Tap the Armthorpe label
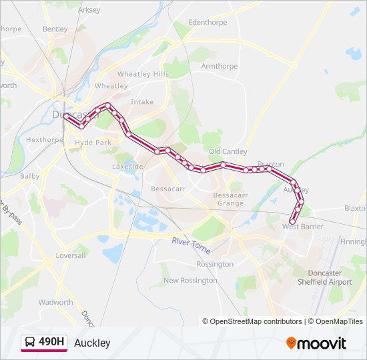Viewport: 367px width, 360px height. (x=220, y=66)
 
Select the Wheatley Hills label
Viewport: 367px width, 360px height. (x=143, y=74)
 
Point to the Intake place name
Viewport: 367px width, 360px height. (x=142, y=102)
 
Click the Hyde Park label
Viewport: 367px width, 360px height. (x=93, y=143)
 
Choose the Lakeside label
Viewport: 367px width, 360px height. (x=127, y=166)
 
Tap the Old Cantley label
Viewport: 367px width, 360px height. (x=228, y=152)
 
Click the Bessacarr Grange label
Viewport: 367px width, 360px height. (x=228, y=199)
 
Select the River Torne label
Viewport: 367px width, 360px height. (x=191, y=245)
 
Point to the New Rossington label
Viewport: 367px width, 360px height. (x=190, y=281)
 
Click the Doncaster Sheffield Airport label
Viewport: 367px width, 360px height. (x=330, y=277)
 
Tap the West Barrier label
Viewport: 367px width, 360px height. (x=302, y=227)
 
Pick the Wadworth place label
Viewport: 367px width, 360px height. (x=55, y=302)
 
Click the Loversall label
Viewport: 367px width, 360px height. (x=71, y=255)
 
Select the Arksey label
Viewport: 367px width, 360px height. (x=89, y=10)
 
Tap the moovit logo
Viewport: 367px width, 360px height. (x=316, y=343)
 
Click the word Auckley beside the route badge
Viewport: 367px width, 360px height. (x=92, y=343)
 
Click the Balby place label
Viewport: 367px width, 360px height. (x=30, y=177)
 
